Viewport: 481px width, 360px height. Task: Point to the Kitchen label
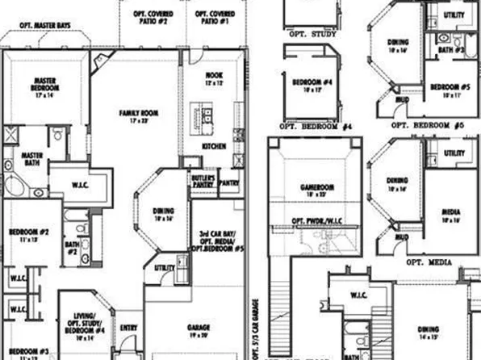(x=213, y=146)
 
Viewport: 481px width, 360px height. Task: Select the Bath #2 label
(x=71, y=246)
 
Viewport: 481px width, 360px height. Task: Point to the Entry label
(x=129, y=328)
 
